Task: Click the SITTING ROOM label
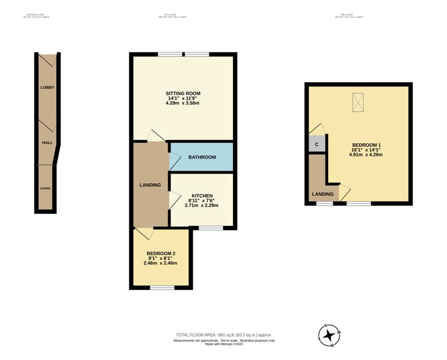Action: pos(183,93)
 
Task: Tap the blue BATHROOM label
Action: pos(202,157)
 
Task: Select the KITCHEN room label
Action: pos(202,196)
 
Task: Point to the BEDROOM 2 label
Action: pos(160,253)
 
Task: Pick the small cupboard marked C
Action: pos(317,144)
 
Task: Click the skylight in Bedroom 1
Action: pos(357,103)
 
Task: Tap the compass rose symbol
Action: pos(330,336)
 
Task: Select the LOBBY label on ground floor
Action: pos(47,87)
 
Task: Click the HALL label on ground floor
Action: pos(47,142)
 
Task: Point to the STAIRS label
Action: pos(45,189)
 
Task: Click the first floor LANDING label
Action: pos(150,185)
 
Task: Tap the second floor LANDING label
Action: pos(323,194)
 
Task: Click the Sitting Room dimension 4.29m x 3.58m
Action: pos(183,104)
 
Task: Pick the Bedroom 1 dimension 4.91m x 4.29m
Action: pos(366,155)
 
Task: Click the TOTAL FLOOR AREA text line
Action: pos(224,335)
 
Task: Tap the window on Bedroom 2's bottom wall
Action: pos(158,287)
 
